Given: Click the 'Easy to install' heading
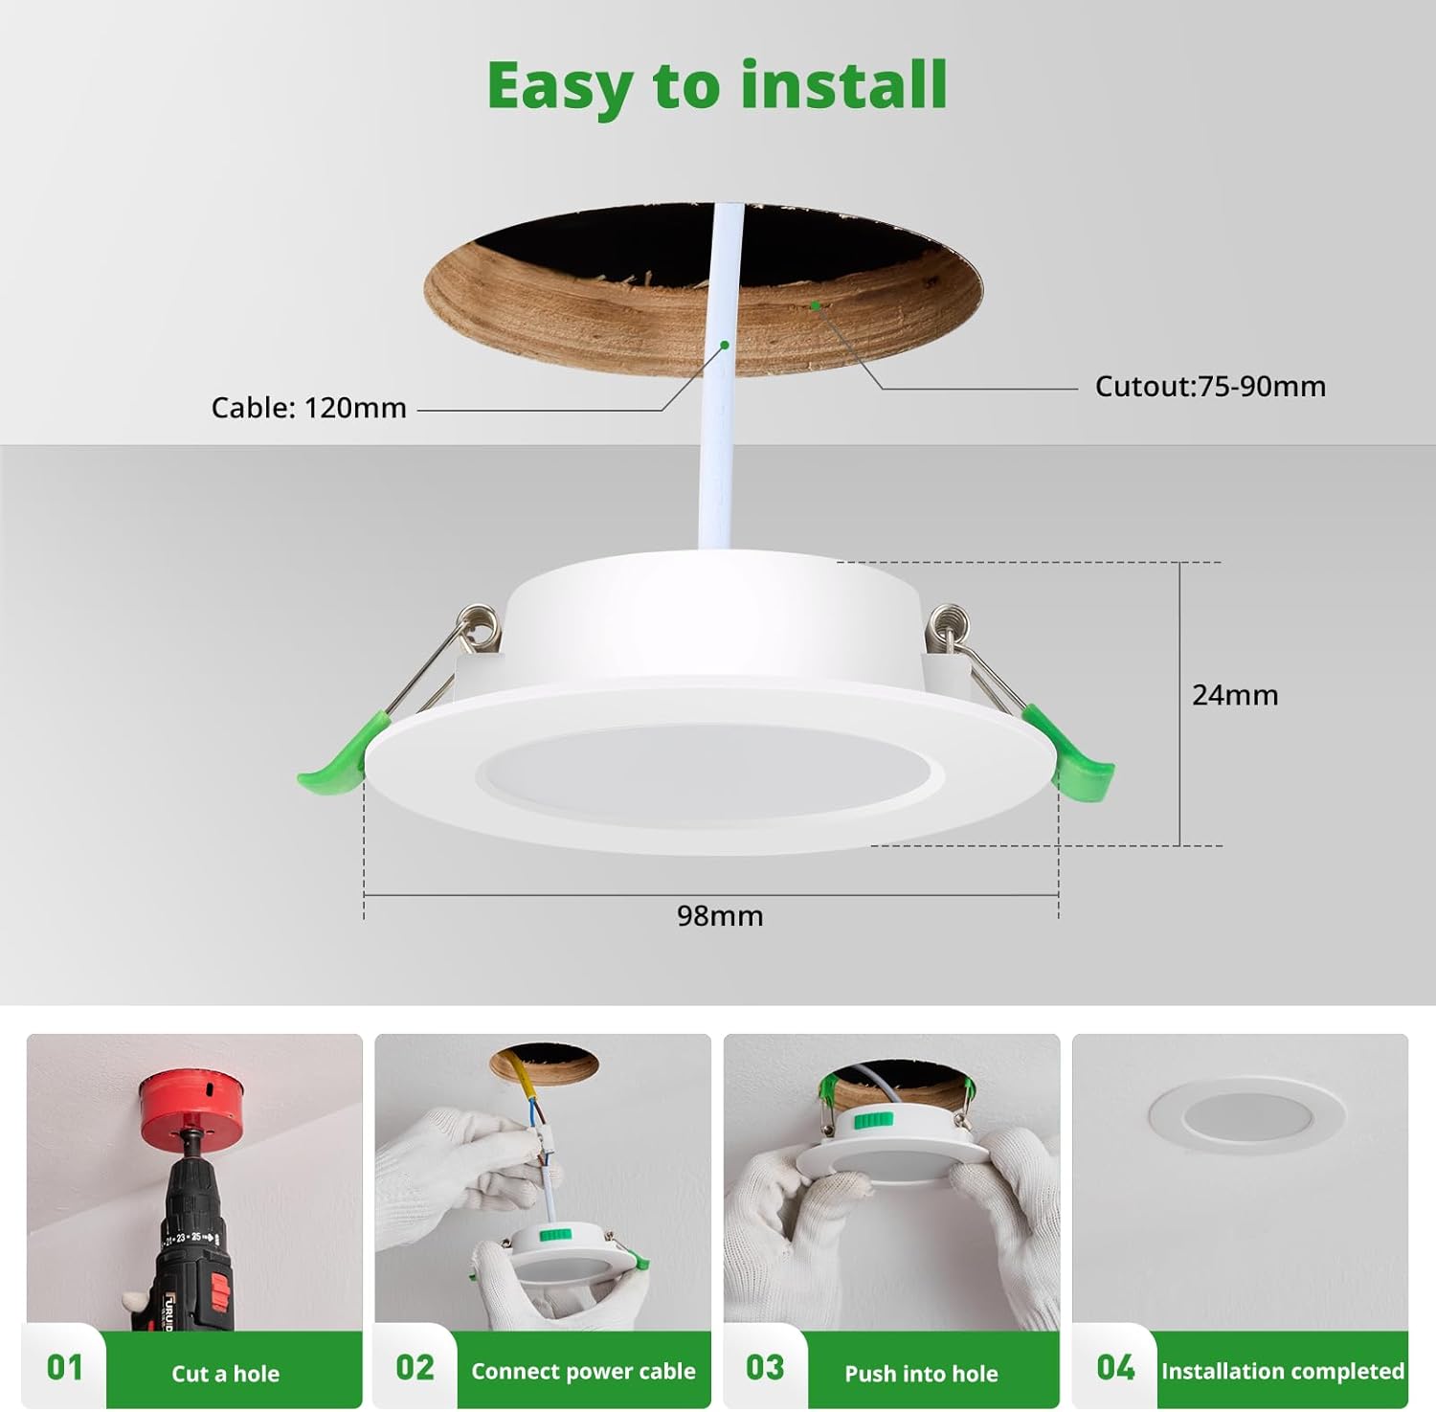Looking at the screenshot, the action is coord(717,86).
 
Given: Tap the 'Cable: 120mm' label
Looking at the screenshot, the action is coord(308,408).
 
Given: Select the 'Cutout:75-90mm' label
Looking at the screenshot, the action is coord(1210,387).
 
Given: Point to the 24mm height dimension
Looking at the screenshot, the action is coord(1235,695).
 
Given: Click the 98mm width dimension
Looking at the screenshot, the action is coord(720,916).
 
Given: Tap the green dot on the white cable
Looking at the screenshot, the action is coord(725,345).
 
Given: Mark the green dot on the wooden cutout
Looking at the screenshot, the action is coord(815,305).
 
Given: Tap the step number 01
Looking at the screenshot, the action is coord(65,1368).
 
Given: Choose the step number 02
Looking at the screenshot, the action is coord(415,1368).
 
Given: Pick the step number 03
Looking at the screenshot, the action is coord(765,1368).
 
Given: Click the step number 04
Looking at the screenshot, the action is coord(1115,1368).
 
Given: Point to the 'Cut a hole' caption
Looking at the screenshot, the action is coord(226,1374).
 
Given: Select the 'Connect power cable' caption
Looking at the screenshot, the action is coord(583,1371).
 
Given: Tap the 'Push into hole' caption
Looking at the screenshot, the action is coord(921,1374).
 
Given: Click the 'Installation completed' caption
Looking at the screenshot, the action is coord(1283,1371).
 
